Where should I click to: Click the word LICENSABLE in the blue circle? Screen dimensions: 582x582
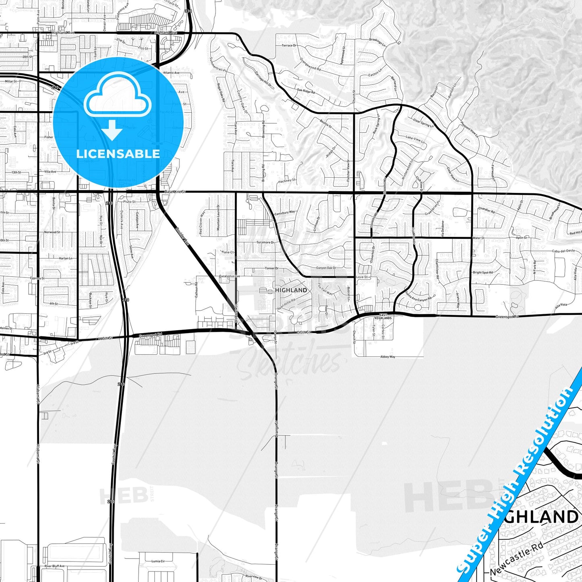point(118,154)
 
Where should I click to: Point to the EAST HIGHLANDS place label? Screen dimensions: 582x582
point(383,317)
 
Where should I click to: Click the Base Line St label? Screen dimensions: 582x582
point(175,192)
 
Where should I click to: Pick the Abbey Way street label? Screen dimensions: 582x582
point(387,357)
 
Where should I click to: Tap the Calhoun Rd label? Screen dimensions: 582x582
point(197,290)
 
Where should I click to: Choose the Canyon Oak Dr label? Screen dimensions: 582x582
point(326,268)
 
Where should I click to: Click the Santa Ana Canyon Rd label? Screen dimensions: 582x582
point(418,297)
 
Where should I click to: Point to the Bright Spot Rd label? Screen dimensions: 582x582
point(483,273)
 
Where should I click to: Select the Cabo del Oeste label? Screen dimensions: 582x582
point(563,251)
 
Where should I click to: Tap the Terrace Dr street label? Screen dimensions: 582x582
point(289,46)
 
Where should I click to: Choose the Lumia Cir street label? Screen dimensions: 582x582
point(158,561)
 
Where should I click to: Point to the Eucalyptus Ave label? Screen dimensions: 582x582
point(229,276)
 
